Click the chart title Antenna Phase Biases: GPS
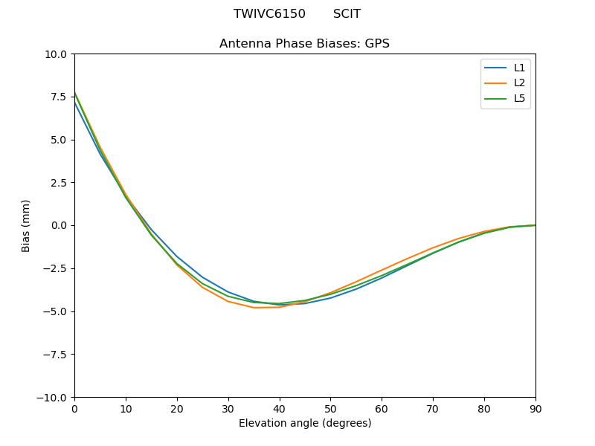304,44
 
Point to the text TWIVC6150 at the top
269,14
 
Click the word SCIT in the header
347,14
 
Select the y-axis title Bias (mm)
26,225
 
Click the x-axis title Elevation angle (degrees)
304,423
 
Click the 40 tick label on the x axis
279,408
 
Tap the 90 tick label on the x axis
535,408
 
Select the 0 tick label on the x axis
74,408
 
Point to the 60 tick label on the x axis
382,408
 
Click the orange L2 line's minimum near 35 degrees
254,308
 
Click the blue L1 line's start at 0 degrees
74,102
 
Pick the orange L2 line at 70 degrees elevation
433,248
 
